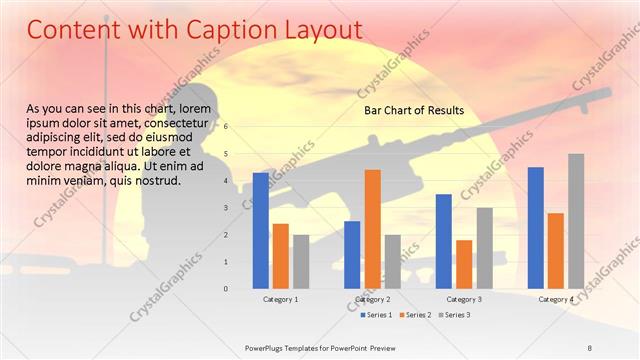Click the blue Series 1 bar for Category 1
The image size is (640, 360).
coord(261,230)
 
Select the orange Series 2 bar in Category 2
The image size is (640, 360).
coord(372,229)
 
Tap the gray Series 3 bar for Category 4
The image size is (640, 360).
coord(576,221)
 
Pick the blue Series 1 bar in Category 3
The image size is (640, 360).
coord(444,241)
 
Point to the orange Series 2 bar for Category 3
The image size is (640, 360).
coord(464,264)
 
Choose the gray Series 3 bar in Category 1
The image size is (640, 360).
coord(301,261)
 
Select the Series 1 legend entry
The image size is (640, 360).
coord(379,315)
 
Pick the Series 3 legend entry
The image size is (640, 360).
coord(455,315)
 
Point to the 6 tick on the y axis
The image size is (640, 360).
coord(227,127)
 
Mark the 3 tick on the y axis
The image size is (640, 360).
coord(227,208)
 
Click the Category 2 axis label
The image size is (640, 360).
coord(372,299)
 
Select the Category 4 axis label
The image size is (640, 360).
coord(556,299)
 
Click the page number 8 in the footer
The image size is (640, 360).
coord(590,346)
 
